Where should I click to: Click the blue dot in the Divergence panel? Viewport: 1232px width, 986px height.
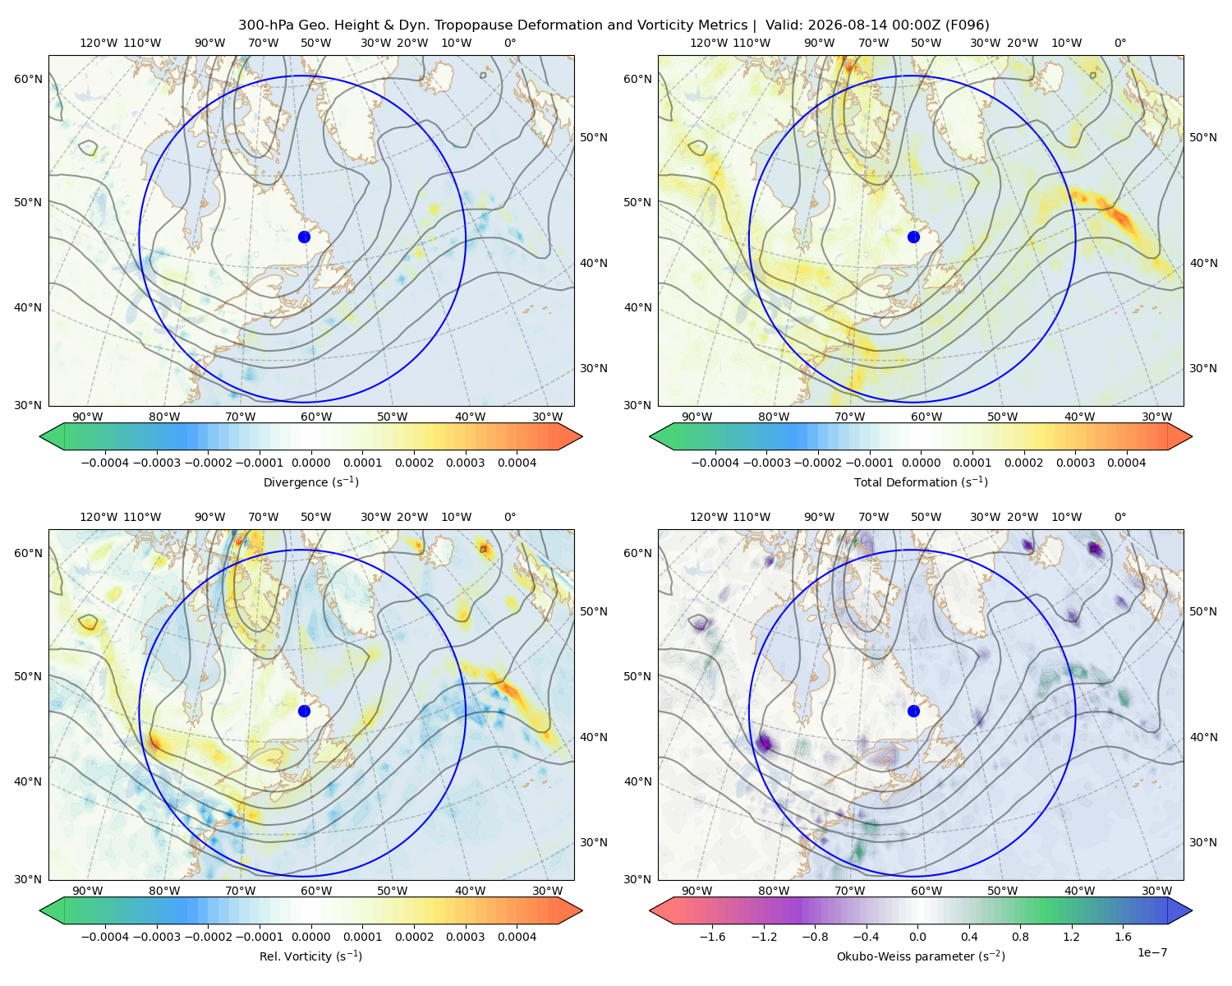coord(304,237)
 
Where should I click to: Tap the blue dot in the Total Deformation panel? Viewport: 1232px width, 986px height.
coord(913,237)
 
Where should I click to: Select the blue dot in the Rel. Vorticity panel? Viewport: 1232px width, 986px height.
coord(304,711)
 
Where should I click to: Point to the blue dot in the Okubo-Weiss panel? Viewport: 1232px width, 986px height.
coord(913,711)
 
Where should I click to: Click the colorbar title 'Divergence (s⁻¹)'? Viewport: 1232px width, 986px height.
coord(310,481)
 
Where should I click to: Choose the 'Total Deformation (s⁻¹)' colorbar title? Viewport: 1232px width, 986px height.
coord(921,481)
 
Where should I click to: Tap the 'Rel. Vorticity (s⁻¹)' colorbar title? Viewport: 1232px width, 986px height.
coord(310,956)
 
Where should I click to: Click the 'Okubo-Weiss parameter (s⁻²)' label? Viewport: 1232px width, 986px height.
coord(921,956)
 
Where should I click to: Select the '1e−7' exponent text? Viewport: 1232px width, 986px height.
coord(1152,952)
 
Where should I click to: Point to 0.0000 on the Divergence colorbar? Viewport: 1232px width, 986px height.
coord(310,463)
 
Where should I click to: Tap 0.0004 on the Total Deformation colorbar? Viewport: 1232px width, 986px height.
coord(1126,463)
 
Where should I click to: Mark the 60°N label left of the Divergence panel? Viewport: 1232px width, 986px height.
coord(28,79)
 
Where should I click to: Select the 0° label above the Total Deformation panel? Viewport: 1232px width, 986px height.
coord(1119,43)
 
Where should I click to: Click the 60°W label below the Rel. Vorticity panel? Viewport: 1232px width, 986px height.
coord(316,891)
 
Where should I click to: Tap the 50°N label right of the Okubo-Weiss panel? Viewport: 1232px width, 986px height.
coord(1202,610)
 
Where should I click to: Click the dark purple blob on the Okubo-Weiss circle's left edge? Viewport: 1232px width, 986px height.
coord(765,743)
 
